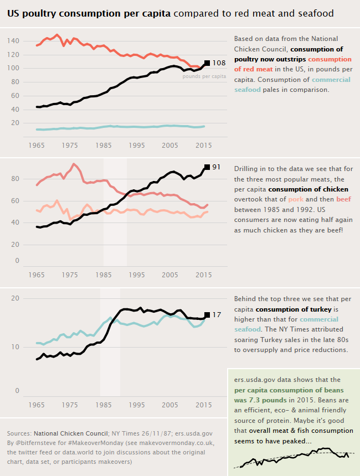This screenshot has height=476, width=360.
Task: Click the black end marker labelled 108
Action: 207,63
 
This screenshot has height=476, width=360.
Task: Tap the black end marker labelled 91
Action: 207,167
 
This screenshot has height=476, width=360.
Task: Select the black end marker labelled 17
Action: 207,314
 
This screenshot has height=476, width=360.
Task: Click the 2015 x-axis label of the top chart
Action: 203,145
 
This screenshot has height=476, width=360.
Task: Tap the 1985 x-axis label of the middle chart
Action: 104,275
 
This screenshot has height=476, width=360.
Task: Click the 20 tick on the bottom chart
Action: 16,298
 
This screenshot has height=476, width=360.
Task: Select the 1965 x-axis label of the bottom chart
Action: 37,405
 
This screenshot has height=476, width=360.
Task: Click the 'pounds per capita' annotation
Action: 204,76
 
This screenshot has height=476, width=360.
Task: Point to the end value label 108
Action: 219,63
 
